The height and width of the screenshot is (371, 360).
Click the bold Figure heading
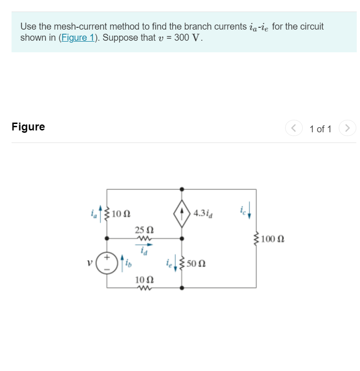coord(28,127)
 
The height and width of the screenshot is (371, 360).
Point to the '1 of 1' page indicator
coord(320,129)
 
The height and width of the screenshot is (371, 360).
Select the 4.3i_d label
coord(203,214)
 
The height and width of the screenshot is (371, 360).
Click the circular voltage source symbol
coord(107,262)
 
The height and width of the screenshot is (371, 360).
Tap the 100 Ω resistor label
coord(273,239)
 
